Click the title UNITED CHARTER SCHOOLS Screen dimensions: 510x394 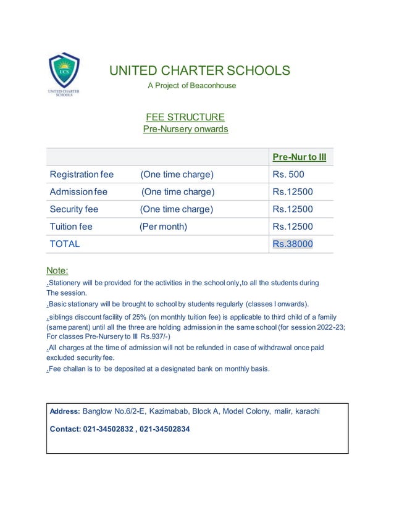coord(199,70)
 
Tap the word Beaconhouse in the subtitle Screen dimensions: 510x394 coord(214,86)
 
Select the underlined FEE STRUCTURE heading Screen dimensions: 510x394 coord(185,117)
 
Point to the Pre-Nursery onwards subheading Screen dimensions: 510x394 coord(185,130)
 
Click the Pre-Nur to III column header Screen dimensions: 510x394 coord(299,157)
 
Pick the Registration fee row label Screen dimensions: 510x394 coord(82,175)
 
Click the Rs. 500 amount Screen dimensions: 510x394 coord(288,175)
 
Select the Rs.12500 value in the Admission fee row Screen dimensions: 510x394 coord(293,192)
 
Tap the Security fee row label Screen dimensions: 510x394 coord(74,209)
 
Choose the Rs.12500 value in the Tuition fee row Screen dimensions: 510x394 coord(293,227)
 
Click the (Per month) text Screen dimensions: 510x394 coord(163,227)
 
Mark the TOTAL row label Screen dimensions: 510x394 coord(65,244)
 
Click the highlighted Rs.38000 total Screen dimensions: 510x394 coord(293,244)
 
